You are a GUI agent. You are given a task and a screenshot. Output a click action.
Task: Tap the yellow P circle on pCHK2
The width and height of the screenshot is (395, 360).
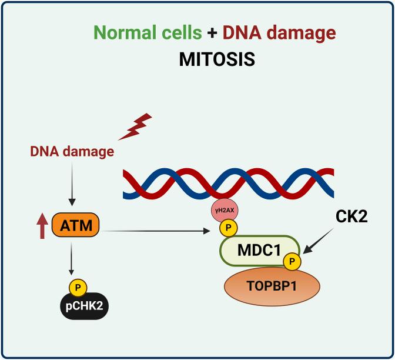(78, 288)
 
